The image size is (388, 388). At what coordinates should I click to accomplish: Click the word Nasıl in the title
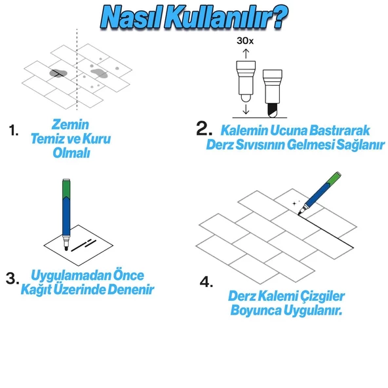(x=131, y=18)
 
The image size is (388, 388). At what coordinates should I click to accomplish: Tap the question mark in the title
(x=277, y=17)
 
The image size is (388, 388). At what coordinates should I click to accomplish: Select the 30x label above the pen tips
(x=245, y=41)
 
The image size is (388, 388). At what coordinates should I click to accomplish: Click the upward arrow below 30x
(x=246, y=54)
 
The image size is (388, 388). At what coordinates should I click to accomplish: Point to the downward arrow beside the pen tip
(x=246, y=109)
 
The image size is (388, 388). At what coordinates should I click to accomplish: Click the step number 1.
(x=13, y=130)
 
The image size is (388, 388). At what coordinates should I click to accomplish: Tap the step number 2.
(x=204, y=128)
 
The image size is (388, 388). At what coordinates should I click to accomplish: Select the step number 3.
(x=12, y=278)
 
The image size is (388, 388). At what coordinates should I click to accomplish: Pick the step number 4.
(x=206, y=282)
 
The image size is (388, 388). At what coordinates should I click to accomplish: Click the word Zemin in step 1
(x=70, y=125)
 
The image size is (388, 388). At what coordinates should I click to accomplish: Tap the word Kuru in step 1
(x=96, y=138)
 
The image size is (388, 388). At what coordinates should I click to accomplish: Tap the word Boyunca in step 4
(x=256, y=310)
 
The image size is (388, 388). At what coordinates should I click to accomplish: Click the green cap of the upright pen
(x=66, y=189)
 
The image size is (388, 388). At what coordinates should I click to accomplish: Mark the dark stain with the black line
(x=58, y=73)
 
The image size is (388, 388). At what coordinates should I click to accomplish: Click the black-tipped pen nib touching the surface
(x=273, y=110)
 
